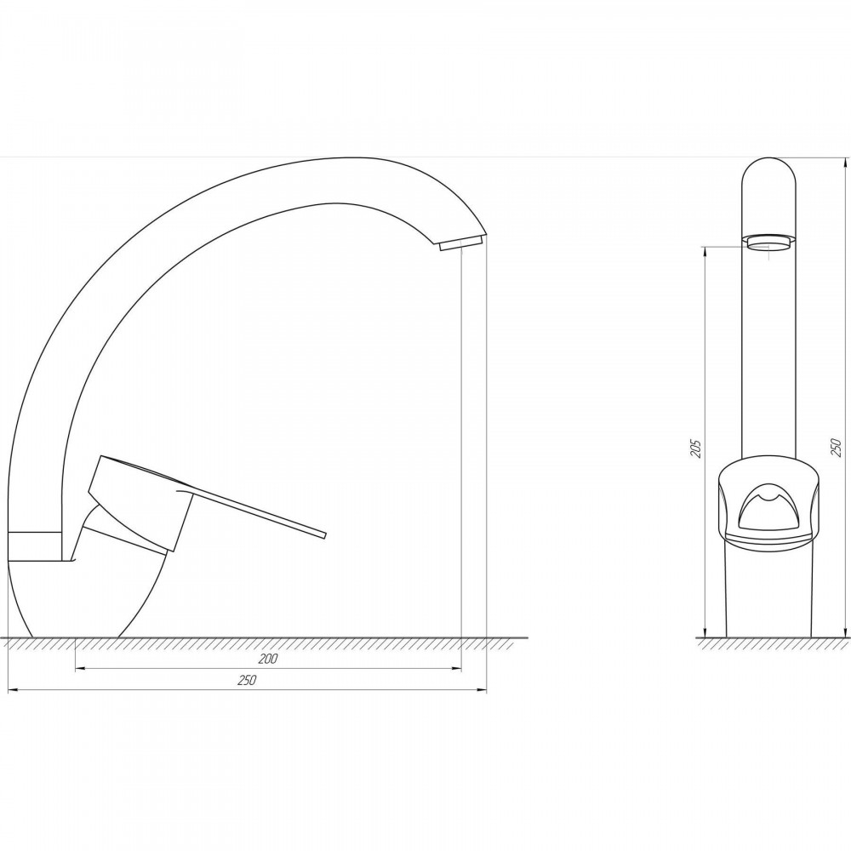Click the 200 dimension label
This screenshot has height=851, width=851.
(x=267, y=659)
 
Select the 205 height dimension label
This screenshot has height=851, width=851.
(x=697, y=448)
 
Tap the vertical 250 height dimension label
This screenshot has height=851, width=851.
(x=837, y=448)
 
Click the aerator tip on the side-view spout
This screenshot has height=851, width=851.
(x=460, y=243)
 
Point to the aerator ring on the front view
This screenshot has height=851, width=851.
(x=768, y=241)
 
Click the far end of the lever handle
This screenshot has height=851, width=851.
(x=324, y=535)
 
